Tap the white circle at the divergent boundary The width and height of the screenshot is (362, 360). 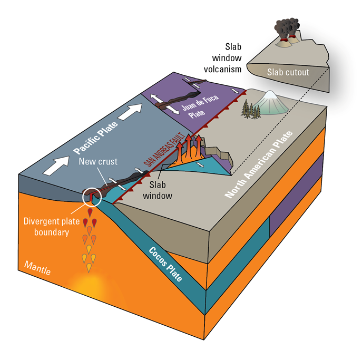[x=93, y=197]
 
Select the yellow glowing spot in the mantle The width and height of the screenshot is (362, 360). [x=87, y=285]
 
